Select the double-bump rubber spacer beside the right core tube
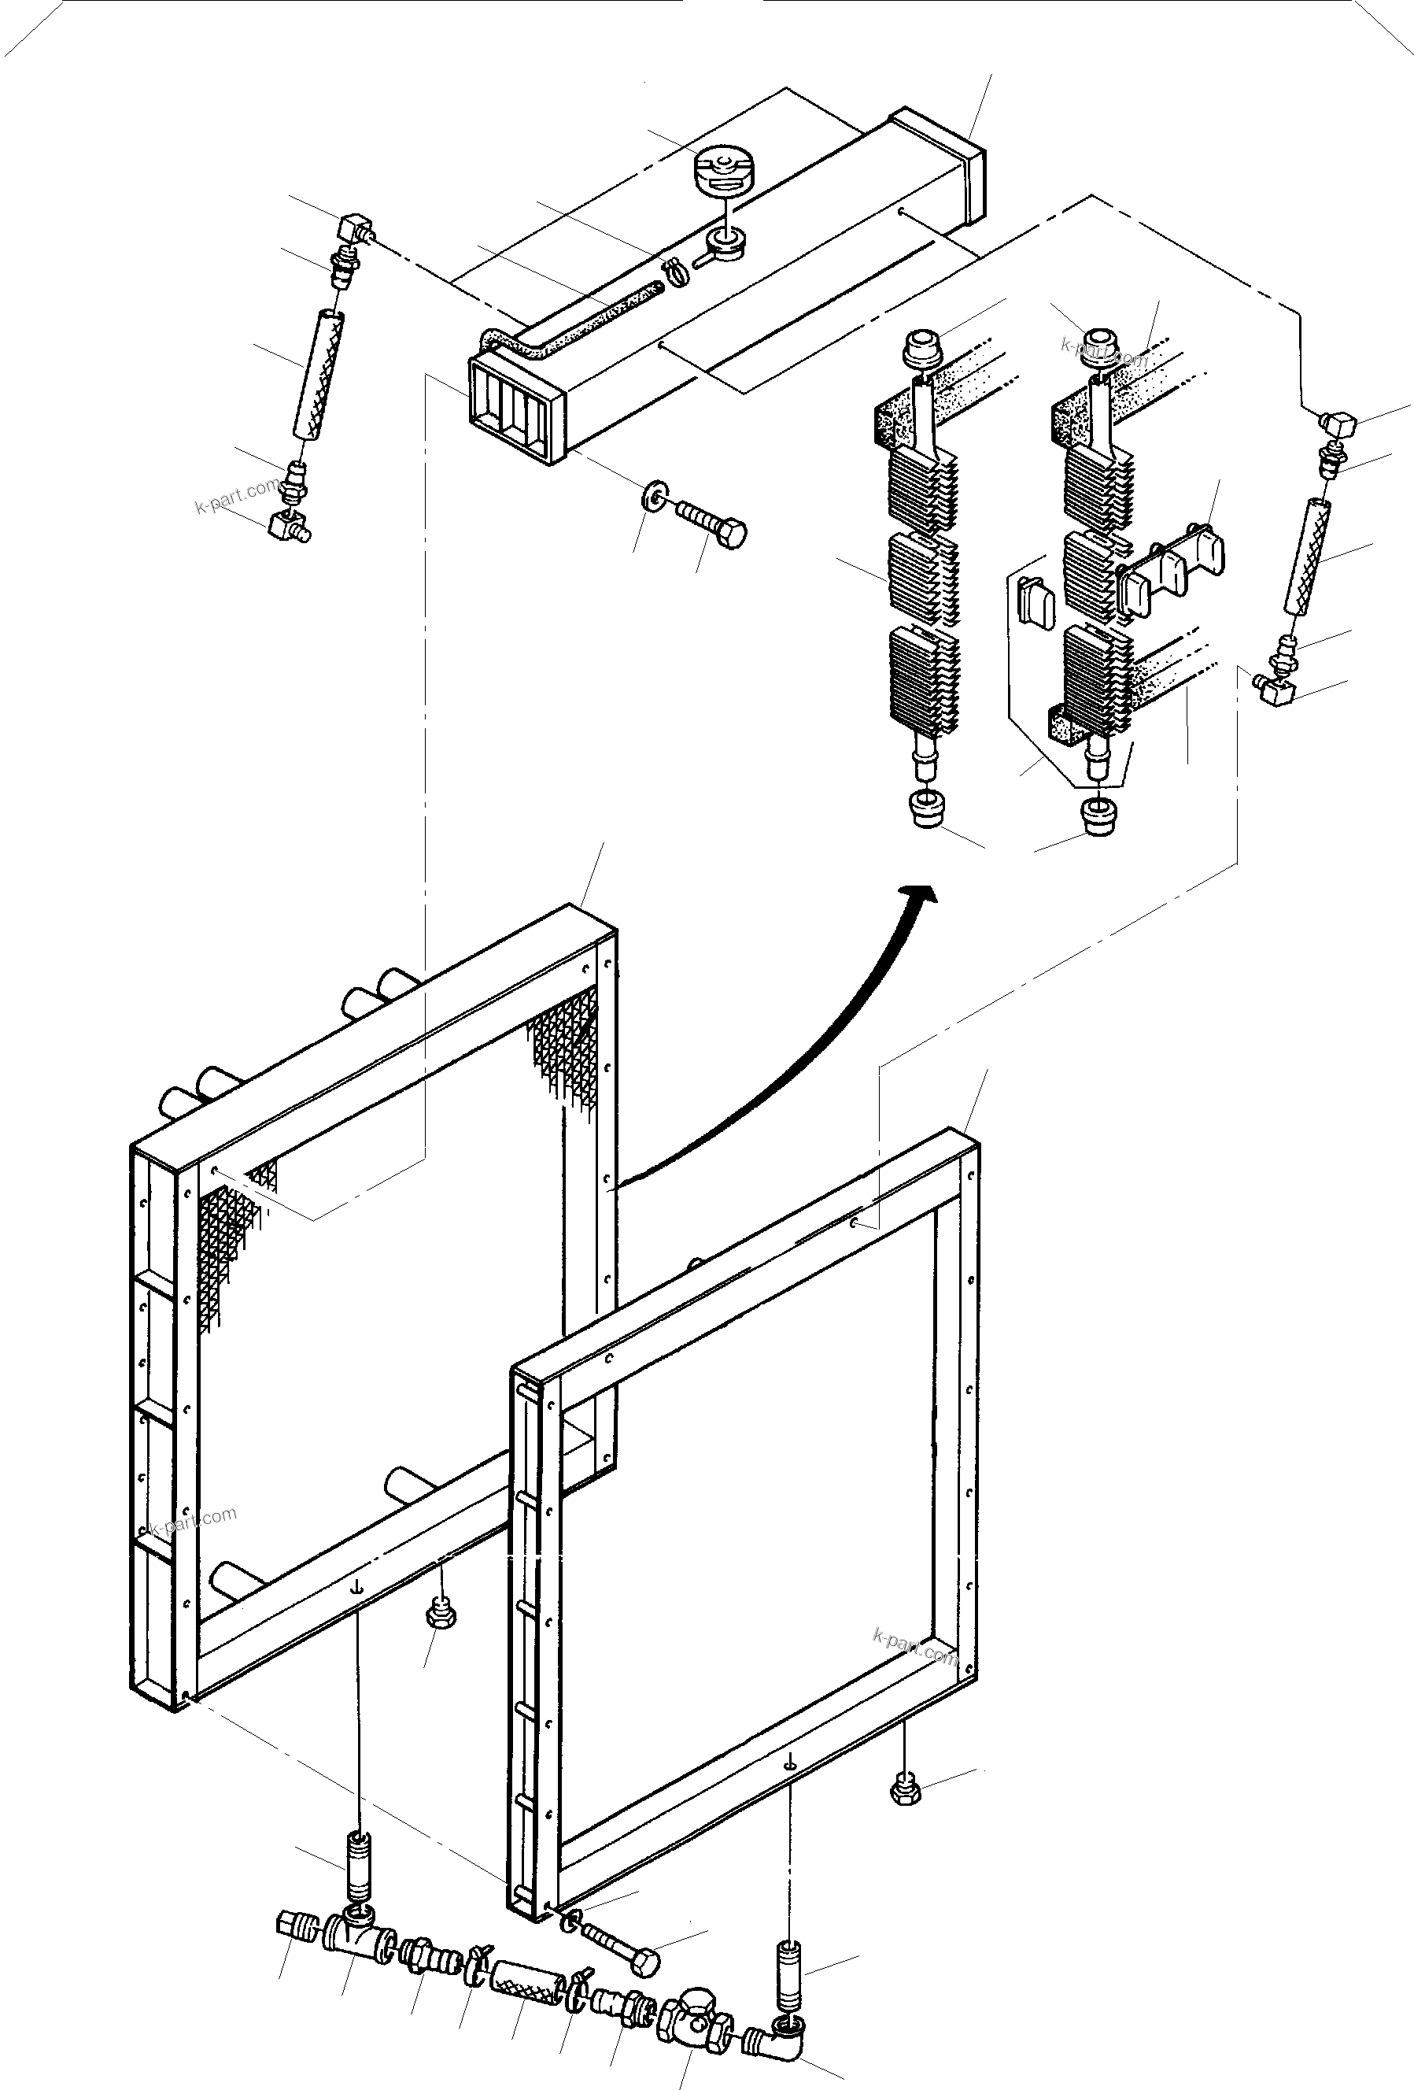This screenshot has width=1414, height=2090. (x=1175, y=568)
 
